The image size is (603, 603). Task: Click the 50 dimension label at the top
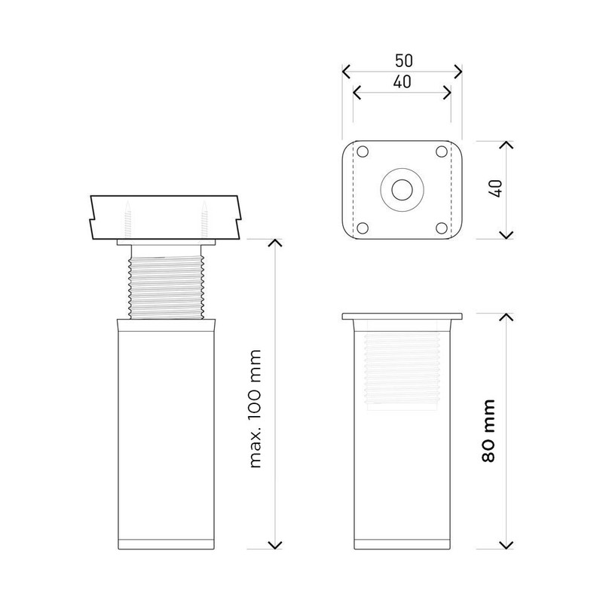pyautogui.click(x=404, y=61)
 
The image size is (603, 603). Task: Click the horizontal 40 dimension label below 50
pyautogui.click(x=403, y=82)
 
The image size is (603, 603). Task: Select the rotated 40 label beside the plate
pyautogui.click(x=497, y=189)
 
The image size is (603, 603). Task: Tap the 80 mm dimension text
pyautogui.click(x=488, y=430)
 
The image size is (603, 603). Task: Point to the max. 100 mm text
pyautogui.click(x=256, y=409)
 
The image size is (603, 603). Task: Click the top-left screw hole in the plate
pyautogui.click(x=363, y=152)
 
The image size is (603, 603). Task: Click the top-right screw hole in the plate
pyautogui.click(x=442, y=152)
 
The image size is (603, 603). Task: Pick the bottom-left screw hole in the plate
pyautogui.click(x=363, y=228)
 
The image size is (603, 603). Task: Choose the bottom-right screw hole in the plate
pyautogui.click(x=442, y=228)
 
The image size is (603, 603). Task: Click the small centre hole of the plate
pyautogui.click(x=403, y=190)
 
